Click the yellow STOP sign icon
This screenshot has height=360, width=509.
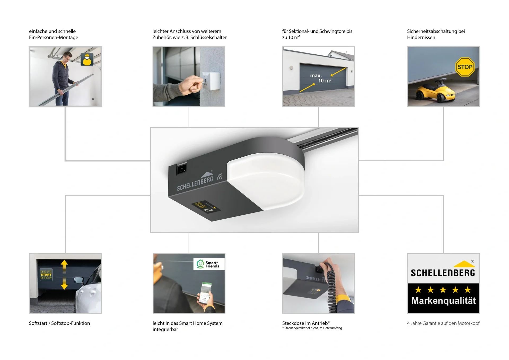(x=465, y=67)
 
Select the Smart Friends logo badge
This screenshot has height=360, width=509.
(x=209, y=264)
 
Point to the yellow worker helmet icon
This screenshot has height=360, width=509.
(x=87, y=59)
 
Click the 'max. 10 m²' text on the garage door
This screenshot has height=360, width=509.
(x=321, y=78)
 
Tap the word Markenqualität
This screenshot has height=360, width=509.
(x=444, y=301)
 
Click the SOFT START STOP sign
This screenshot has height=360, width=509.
(x=46, y=275)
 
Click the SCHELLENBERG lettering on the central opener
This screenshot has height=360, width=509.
(x=195, y=184)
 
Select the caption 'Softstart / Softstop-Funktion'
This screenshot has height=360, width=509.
(x=59, y=323)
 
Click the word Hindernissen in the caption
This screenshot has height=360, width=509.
(x=421, y=37)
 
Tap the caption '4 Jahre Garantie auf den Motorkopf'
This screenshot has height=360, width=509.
(x=443, y=323)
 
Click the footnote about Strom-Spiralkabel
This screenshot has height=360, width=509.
(x=312, y=328)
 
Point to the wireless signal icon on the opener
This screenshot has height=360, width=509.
(x=220, y=177)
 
